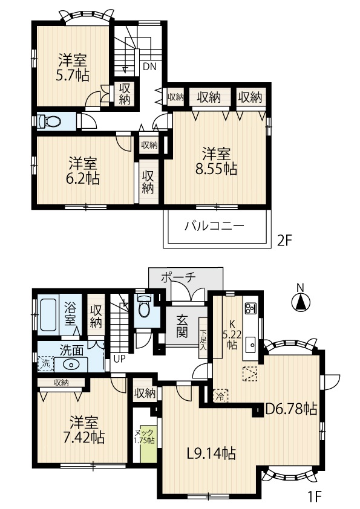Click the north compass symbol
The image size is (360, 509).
pos(301,300)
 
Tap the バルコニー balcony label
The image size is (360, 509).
pos(214,225)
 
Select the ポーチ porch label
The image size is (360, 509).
pos(178,277)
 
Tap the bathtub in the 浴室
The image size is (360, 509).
pos(48,314)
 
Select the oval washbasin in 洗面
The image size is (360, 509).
pos(71,365)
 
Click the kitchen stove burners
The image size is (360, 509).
pos(250,308)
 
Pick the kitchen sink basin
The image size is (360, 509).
pos(251,344)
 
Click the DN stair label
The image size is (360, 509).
pos(150,66)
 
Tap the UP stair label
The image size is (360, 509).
pos(120,359)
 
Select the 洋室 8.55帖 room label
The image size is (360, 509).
pos(216,161)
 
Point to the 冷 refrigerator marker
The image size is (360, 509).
pos(220,396)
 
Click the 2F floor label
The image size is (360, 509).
pos(285,241)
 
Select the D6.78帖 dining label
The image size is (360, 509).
pos(292,409)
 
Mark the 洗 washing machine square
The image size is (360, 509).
pos(46,363)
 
